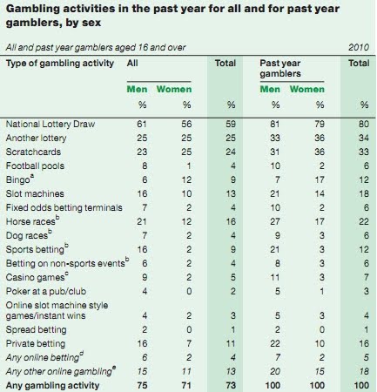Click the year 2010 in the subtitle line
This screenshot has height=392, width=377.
coord(359,47)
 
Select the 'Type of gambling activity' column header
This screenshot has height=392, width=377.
coord(60,64)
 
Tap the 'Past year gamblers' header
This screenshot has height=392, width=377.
coord(280,68)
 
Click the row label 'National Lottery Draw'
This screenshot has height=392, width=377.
coord(50,125)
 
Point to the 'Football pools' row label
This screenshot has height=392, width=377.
coord(35,166)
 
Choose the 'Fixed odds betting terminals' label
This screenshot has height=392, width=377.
coord(64,208)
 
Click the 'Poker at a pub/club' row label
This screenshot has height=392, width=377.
coord(46,292)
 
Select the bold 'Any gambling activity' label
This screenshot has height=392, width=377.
coord(52,386)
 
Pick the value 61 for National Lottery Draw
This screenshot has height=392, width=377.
coord(142,125)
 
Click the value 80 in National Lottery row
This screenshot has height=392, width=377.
coord(364,125)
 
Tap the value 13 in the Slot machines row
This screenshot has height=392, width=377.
coord(231,194)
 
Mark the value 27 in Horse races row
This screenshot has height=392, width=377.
coord(275,222)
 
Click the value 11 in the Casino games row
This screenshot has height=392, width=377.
coord(275,278)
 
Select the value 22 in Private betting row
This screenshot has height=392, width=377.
coord(275,344)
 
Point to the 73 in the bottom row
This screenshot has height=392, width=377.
coord(231,386)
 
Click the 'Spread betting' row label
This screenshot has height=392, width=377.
coord(36,330)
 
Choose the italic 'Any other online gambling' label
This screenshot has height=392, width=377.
coord(59,372)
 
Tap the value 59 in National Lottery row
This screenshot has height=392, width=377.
coord(231,125)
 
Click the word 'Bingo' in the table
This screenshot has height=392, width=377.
coord(17,180)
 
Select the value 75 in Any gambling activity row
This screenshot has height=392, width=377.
coord(142,386)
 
